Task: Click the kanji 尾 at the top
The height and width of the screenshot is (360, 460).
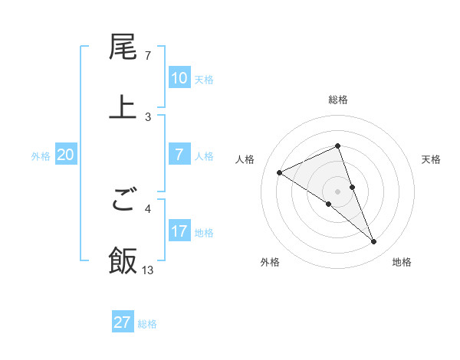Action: click(123, 48)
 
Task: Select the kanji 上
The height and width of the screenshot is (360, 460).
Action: click(123, 107)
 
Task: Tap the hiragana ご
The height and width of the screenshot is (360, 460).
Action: click(123, 201)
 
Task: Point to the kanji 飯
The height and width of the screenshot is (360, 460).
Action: click(123, 260)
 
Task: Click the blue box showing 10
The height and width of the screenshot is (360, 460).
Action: click(179, 78)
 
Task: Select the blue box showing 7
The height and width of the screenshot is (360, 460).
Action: click(179, 155)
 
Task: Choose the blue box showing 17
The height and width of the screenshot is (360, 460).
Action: click(179, 231)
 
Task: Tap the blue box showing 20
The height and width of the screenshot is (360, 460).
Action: click(65, 155)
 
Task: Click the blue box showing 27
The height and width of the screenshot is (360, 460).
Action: click(122, 322)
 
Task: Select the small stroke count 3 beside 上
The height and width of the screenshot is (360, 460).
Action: click(148, 116)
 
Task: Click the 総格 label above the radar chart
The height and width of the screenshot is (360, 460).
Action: click(338, 100)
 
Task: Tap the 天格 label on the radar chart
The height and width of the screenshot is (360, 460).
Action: click(432, 159)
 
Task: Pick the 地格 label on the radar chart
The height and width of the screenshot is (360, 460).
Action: click(402, 263)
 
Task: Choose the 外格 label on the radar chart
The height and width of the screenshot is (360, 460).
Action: click(270, 263)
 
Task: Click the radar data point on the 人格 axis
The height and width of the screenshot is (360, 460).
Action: click(280, 172)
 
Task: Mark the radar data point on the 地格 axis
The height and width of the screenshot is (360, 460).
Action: click(374, 242)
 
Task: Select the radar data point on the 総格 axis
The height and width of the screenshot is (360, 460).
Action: click(338, 146)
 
